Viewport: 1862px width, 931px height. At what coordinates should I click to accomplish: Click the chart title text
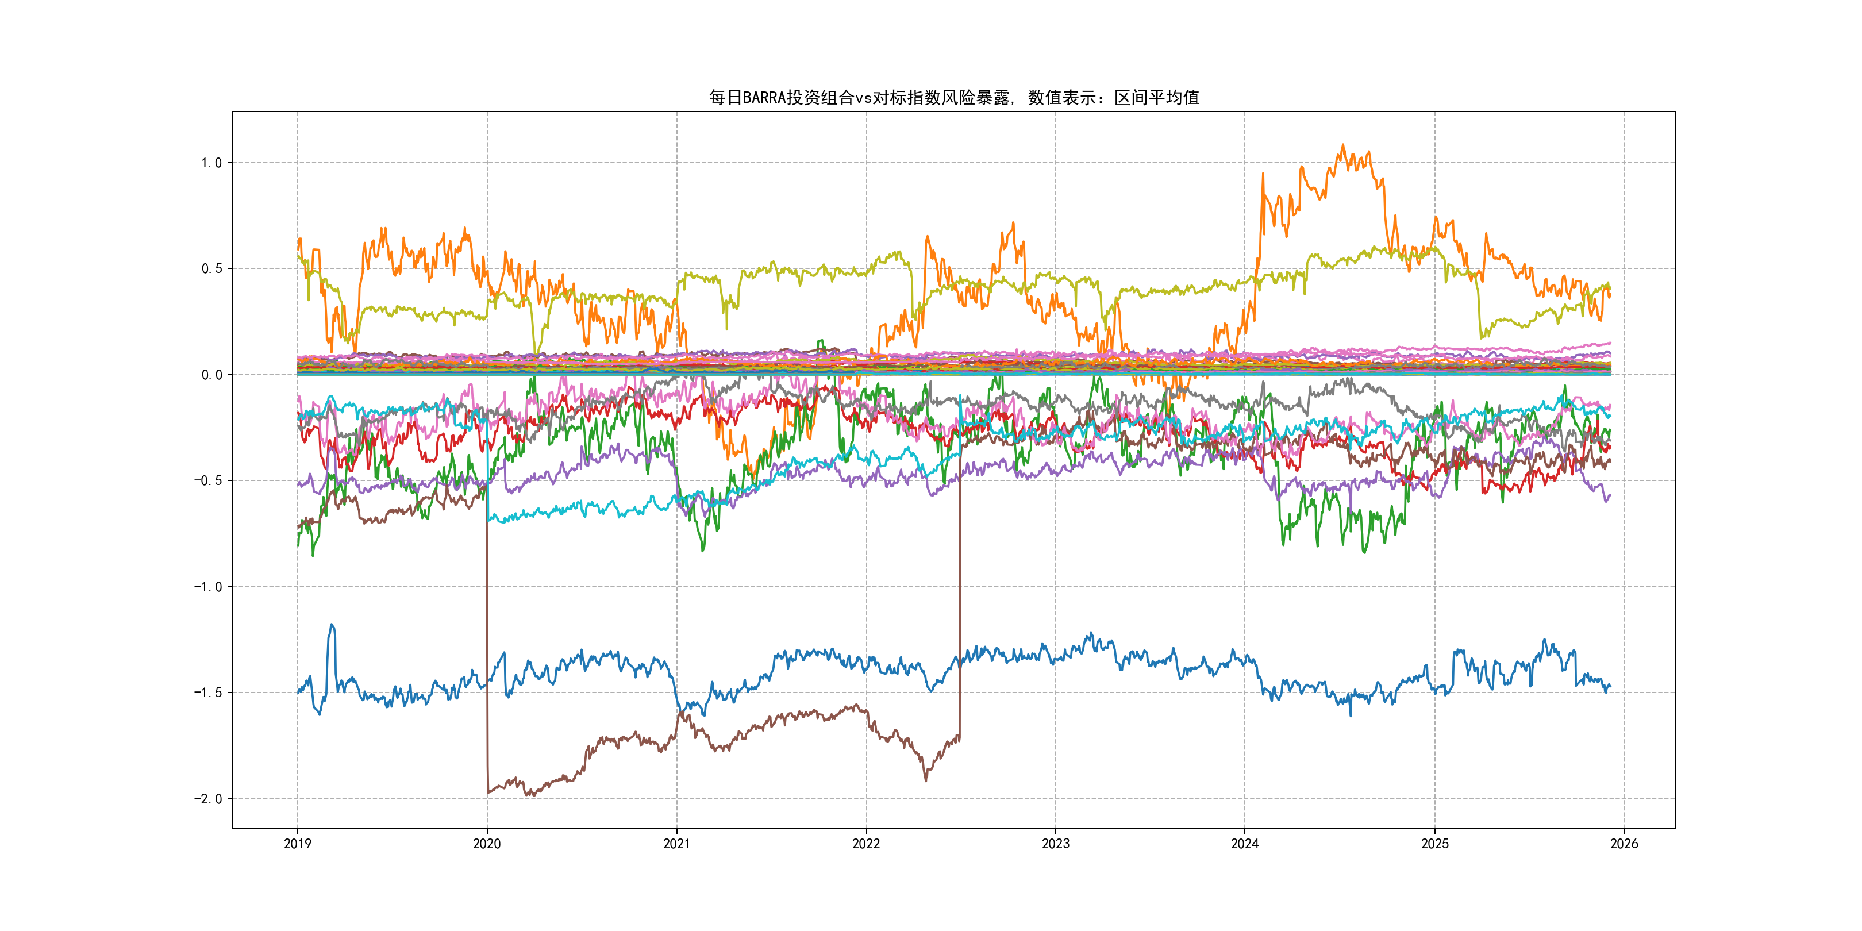pyautogui.click(x=953, y=98)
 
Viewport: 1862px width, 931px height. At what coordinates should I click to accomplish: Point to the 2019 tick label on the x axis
pyautogui.click(x=297, y=844)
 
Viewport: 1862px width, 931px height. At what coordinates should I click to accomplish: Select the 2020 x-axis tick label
pyautogui.click(x=486, y=844)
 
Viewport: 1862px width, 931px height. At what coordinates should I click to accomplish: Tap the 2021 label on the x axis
pyautogui.click(x=676, y=844)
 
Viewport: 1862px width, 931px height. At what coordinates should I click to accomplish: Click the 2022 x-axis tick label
pyautogui.click(x=866, y=844)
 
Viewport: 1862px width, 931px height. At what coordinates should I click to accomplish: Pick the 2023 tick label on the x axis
pyautogui.click(x=1055, y=844)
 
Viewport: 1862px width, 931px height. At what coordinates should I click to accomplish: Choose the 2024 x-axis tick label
pyautogui.click(x=1245, y=844)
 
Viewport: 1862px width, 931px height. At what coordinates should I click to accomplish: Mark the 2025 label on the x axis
pyautogui.click(x=1435, y=844)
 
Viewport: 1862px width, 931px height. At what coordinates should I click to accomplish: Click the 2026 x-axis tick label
pyautogui.click(x=1624, y=844)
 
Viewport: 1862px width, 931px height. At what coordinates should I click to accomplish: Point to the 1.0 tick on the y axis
pyautogui.click(x=211, y=163)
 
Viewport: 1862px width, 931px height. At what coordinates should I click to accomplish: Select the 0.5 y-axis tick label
pyautogui.click(x=211, y=269)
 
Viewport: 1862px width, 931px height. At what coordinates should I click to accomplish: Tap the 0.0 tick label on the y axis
pyautogui.click(x=211, y=375)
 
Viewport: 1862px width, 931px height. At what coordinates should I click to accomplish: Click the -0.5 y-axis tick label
pyautogui.click(x=207, y=480)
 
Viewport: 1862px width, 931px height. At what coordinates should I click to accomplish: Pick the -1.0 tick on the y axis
pyautogui.click(x=207, y=587)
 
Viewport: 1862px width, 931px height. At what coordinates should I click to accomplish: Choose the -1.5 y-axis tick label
pyautogui.click(x=207, y=693)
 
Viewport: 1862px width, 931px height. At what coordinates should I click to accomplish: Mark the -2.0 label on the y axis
pyautogui.click(x=207, y=799)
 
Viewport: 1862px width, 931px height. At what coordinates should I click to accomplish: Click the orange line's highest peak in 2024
pyautogui.click(x=1343, y=145)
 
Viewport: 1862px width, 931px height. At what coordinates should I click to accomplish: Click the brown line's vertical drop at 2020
pyautogui.click(x=486, y=651)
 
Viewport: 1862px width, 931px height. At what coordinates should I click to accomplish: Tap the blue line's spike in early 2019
pyautogui.click(x=332, y=625)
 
